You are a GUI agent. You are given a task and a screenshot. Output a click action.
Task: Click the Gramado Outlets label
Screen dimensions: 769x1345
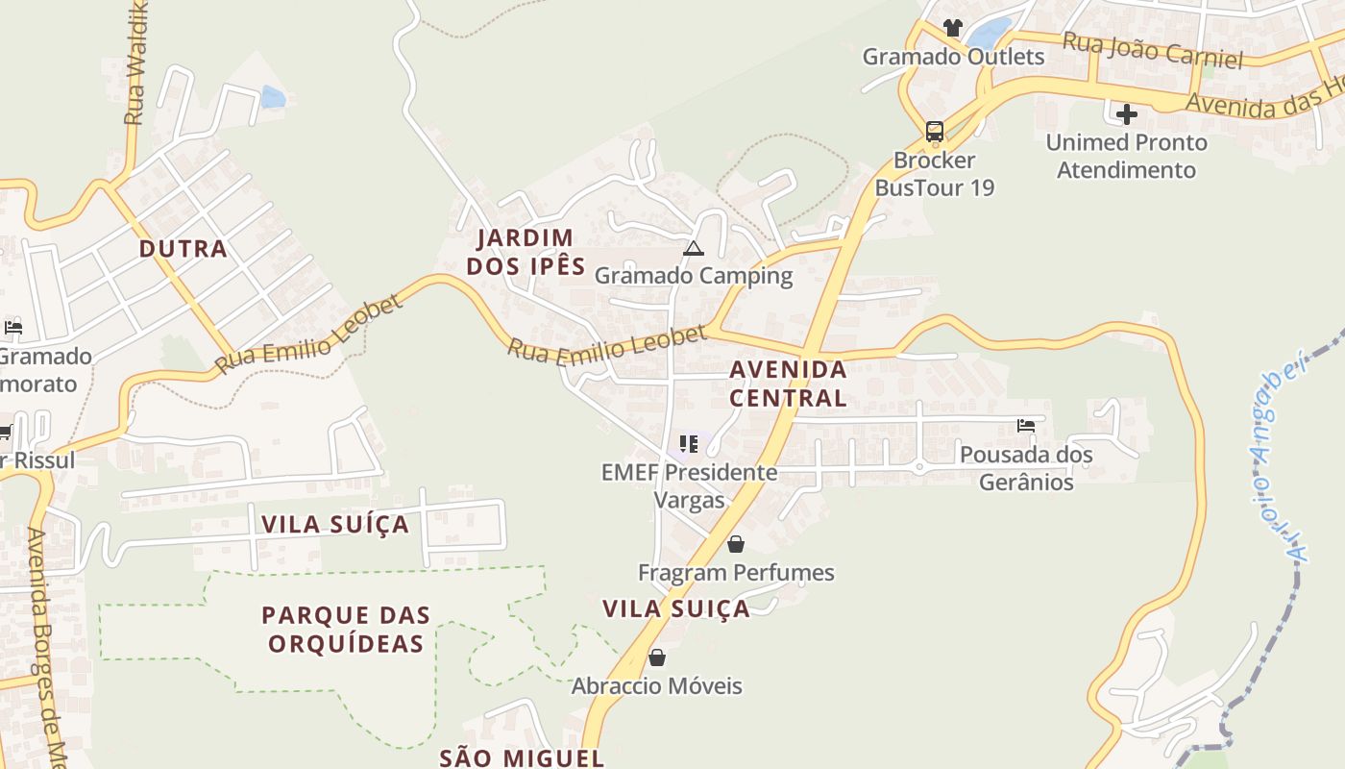pos(953,57)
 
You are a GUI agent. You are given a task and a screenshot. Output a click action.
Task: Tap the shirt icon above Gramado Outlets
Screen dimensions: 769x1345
pos(952,27)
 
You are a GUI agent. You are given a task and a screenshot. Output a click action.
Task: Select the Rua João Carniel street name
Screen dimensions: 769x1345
pos(1152,49)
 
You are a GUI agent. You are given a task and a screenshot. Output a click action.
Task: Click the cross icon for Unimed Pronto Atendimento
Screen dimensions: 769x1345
pos(1127,114)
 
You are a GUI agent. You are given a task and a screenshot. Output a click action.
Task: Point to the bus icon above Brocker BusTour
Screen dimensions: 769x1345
pos(934,132)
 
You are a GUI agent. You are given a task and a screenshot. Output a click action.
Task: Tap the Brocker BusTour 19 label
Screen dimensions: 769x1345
pos(934,174)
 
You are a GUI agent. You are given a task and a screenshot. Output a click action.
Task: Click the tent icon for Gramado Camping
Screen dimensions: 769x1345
pos(694,249)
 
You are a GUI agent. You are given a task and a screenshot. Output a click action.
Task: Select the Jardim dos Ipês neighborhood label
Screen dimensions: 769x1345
pos(526,252)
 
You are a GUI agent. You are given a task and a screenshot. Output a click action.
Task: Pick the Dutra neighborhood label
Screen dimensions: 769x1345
pos(183,249)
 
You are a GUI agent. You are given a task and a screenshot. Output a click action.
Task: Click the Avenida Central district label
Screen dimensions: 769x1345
pos(788,384)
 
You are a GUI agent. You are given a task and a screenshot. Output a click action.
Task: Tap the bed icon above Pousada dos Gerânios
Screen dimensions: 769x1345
pos(1026,425)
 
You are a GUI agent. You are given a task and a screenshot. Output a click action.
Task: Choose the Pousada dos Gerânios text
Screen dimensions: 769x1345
pos(1026,468)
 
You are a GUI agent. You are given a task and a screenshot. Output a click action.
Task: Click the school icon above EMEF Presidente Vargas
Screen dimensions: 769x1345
pos(689,443)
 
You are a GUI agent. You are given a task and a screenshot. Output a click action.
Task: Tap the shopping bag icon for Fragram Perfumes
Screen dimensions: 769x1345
pos(736,544)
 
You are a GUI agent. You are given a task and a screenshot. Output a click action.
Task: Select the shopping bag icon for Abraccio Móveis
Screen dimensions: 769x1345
pos(657,657)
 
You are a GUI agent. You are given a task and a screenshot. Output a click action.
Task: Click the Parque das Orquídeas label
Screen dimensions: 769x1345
pos(346,629)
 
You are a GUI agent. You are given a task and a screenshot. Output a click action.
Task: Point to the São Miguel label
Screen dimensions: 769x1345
pos(522,757)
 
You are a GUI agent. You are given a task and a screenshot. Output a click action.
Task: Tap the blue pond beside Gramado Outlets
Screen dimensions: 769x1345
pos(990,34)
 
